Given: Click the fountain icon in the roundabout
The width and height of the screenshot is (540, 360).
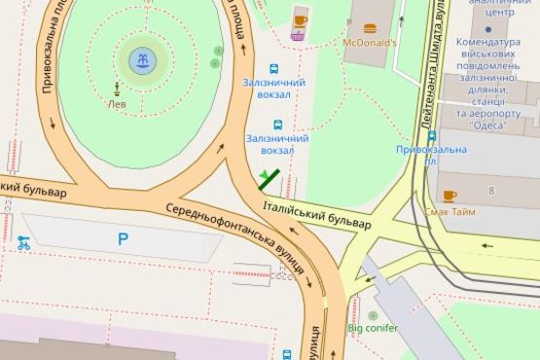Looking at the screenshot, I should pyautogui.click(x=142, y=62).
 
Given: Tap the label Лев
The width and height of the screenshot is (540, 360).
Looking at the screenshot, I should pyautogui.click(x=117, y=104).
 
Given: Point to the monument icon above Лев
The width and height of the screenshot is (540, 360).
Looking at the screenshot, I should pyautogui.click(x=117, y=90).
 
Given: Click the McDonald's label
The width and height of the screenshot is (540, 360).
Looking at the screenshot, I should pyautogui.click(x=371, y=43).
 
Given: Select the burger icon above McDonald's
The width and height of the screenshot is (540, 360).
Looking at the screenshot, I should pyautogui.click(x=370, y=28).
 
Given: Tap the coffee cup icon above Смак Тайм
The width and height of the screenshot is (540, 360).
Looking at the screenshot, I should pyautogui.click(x=450, y=196).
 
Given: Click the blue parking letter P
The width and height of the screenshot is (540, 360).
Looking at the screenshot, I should pyautogui.click(x=123, y=239).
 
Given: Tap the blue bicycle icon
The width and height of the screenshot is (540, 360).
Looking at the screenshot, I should pyautogui.click(x=23, y=243).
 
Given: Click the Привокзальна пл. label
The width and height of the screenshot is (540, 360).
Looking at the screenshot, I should pyautogui.click(x=430, y=155).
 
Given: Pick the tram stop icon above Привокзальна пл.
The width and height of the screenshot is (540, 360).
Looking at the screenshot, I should pyautogui.click(x=431, y=136).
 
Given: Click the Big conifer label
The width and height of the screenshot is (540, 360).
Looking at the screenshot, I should pyautogui.click(x=373, y=328).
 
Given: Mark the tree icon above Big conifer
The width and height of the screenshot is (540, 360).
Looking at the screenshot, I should pyautogui.click(x=373, y=314).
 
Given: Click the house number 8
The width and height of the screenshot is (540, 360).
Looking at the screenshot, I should pyautogui.click(x=492, y=190).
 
